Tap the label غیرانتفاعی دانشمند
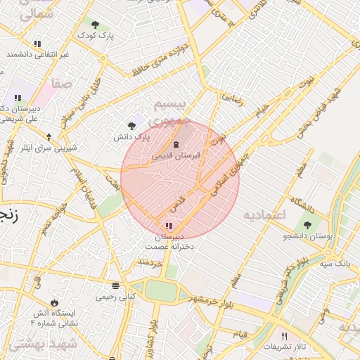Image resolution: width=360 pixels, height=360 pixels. pyautogui.click(x=38, y=54)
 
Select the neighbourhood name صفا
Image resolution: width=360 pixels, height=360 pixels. pyautogui.click(x=62, y=83)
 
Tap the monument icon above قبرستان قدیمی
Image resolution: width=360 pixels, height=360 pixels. pyautogui.click(x=176, y=144)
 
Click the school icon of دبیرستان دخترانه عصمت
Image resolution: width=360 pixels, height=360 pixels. pyautogui.click(x=168, y=225)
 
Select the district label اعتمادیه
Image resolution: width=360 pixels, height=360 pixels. pyautogui.click(x=264, y=214)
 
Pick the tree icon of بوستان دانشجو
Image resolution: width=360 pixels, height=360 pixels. pyautogui.click(x=307, y=225)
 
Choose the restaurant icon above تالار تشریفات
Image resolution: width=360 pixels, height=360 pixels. pyautogui.click(x=284, y=336)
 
